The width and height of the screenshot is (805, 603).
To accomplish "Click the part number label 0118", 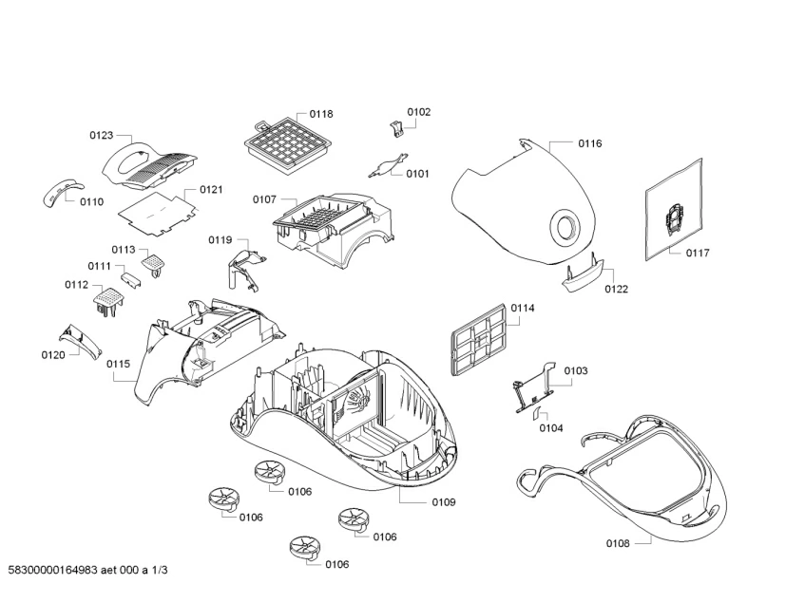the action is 321,114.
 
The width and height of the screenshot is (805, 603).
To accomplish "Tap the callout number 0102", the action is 419,112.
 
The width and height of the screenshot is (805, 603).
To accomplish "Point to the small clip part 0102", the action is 395,128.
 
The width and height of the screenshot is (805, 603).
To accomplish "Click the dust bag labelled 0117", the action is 674,209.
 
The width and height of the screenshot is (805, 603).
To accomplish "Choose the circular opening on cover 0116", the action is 565,225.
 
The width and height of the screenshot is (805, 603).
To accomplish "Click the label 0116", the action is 590,143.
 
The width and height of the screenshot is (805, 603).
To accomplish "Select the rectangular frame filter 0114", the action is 480,339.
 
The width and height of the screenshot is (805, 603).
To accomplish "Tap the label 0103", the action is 576,370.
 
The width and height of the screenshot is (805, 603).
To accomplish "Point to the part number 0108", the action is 618,543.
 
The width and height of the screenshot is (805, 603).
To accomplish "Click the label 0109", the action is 444,502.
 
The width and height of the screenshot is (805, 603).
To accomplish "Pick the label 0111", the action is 99,266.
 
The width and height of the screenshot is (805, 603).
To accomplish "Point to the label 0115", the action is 118,364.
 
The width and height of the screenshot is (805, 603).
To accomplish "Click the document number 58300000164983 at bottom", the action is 52,570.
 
